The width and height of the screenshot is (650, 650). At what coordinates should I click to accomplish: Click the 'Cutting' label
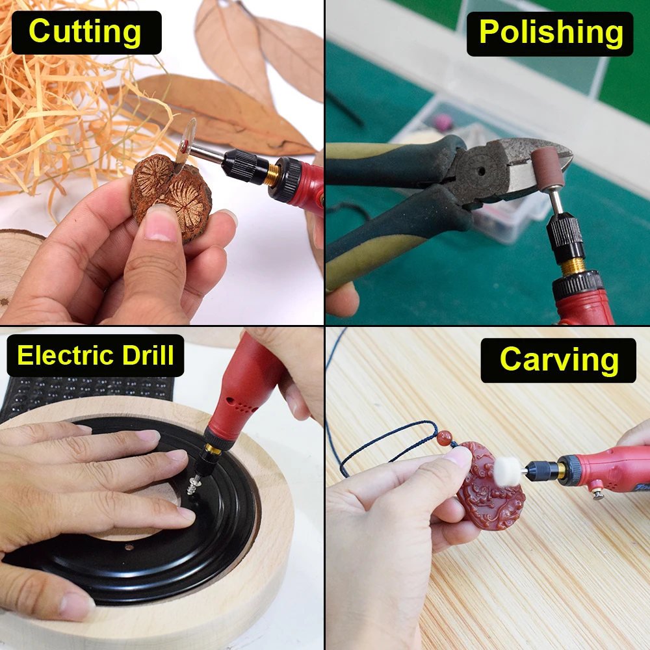click(x=85, y=32)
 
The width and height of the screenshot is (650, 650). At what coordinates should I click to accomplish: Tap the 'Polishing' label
click(x=551, y=32)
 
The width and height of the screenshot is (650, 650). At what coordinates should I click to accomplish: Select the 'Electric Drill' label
click(x=96, y=356)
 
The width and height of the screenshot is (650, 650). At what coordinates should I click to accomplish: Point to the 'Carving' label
click(x=559, y=359)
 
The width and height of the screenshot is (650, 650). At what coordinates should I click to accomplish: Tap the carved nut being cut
click(x=171, y=195)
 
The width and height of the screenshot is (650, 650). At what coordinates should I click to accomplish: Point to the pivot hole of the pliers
click(x=481, y=170)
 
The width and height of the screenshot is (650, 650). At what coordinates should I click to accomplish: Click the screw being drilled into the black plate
click(x=194, y=484)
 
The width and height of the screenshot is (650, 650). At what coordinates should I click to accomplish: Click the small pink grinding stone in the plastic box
click(x=443, y=121)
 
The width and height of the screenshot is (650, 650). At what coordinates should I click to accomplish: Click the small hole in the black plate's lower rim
click(x=129, y=547)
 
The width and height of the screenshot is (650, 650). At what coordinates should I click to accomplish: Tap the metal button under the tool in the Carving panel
click(x=597, y=494)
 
